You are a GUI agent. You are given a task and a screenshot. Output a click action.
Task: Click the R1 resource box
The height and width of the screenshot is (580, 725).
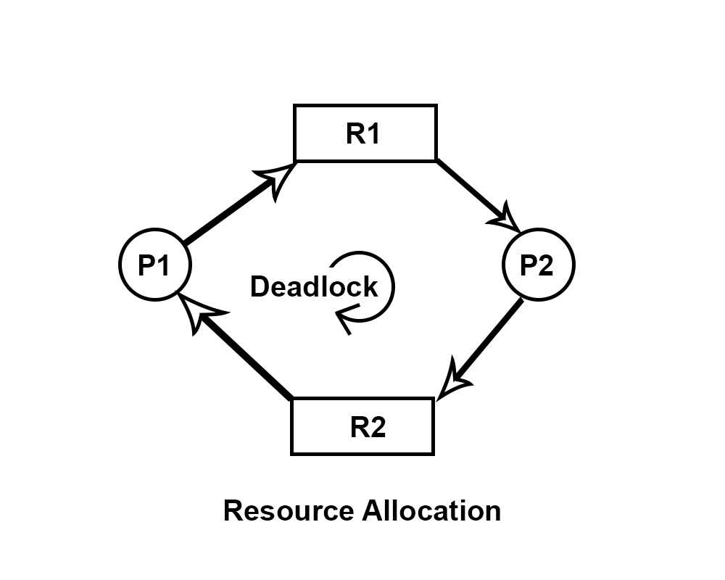point(365,133)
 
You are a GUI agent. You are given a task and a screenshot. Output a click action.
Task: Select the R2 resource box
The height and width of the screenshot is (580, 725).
point(362,426)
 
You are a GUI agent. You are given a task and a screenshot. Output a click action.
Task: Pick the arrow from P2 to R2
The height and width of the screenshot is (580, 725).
point(486,348)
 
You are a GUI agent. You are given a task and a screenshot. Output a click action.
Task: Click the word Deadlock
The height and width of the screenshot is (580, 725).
point(314,287)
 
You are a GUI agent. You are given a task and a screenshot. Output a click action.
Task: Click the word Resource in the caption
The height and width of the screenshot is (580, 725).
point(288,510)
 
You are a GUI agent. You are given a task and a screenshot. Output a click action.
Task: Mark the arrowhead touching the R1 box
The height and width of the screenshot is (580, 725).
point(279,178)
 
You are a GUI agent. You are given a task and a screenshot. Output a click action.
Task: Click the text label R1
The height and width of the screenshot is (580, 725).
point(363,134)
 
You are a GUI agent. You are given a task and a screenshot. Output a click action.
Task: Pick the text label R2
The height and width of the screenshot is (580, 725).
point(368,428)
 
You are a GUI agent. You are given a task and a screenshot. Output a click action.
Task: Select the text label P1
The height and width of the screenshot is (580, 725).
point(154,266)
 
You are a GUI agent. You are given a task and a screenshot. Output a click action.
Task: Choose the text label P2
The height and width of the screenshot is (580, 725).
point(537,266)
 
